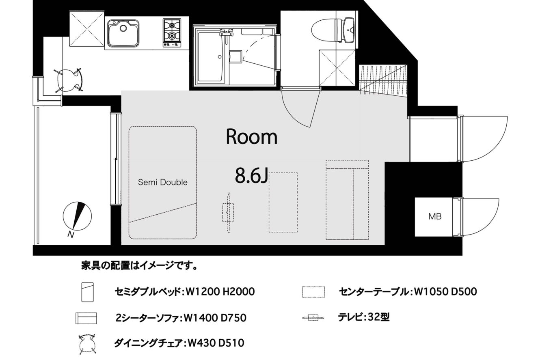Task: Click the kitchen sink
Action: tap(123, 33)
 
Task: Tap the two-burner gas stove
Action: tap(172, 33)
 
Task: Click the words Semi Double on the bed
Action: tap(163, 182)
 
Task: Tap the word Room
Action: tap(252, 137)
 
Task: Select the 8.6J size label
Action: tap(251, 176)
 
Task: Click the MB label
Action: tap(435, 216)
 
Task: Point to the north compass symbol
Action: tap(77, 216)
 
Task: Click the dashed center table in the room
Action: tap(283, 203)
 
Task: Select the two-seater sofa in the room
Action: tap(347, 200)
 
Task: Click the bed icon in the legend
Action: tap(88, 292)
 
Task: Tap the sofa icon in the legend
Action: tap(86, 318)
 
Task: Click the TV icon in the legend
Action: tap(313, 317)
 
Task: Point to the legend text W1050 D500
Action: tap(445, 291)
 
